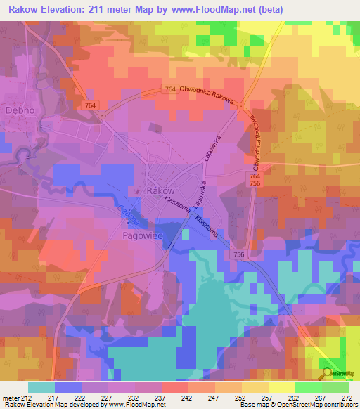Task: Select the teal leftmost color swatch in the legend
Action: tap(41, 387)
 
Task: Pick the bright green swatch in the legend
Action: tap(308, 387)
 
